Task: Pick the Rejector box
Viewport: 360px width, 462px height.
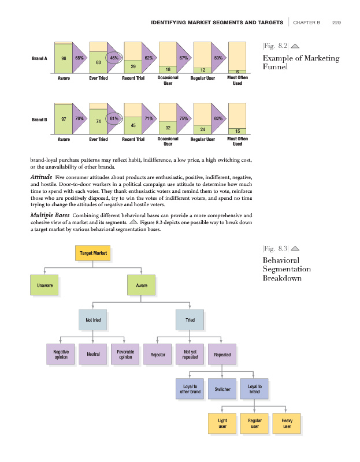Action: coord(158,355)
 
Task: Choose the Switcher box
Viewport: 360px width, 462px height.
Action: coord(222,389)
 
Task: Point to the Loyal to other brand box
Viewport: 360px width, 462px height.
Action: coord(190,389)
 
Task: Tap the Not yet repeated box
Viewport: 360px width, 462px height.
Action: coord(190,355)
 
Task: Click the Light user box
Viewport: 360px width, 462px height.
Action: coord(222,424)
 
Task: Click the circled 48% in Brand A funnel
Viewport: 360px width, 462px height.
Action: coord(114,58)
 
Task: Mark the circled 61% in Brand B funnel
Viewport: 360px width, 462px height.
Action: coord(114,118)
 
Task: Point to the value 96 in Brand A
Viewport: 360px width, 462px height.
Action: coord(63,58)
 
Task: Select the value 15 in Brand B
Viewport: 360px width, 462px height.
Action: coord(237,132)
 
